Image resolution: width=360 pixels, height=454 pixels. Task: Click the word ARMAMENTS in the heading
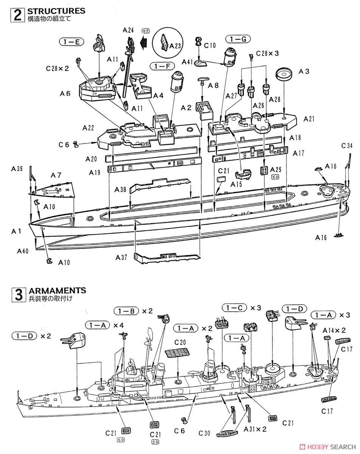(57, 290)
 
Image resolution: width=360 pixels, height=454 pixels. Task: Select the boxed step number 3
(17, 294)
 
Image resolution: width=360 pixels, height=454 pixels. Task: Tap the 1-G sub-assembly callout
(238, 39)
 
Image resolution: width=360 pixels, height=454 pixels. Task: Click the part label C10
(209, 45)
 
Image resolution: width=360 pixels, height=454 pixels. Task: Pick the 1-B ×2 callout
(132, 311)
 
